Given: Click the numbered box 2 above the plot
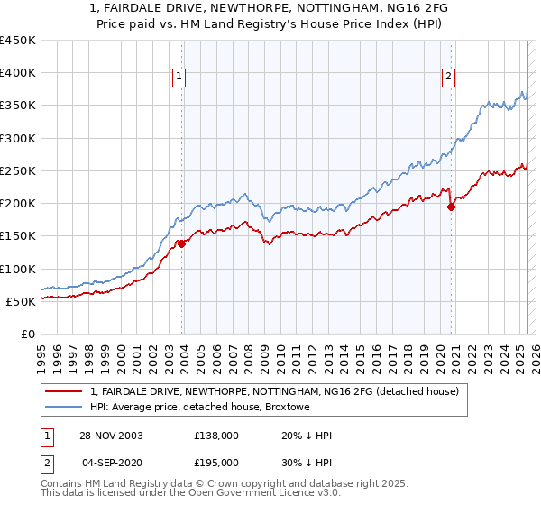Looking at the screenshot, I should pyautogui.click(x=448, y=78).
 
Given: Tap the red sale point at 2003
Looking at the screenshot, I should pyautogui.click(x=182, y=243).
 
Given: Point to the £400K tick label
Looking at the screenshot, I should pyautogui.click(x=18, y=73).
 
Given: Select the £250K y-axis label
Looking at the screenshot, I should pyautogui.click(x=18, y=170).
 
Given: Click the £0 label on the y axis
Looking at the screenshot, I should pyautogui.click(x=28, y=334).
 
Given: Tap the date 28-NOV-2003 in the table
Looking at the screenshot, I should pyautogui.click(x=111, y=436).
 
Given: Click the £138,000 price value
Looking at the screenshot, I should pyautogui.click(x=216, y=436).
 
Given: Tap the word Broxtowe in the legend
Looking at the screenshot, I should pyautogui.click(x=287, y=408).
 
